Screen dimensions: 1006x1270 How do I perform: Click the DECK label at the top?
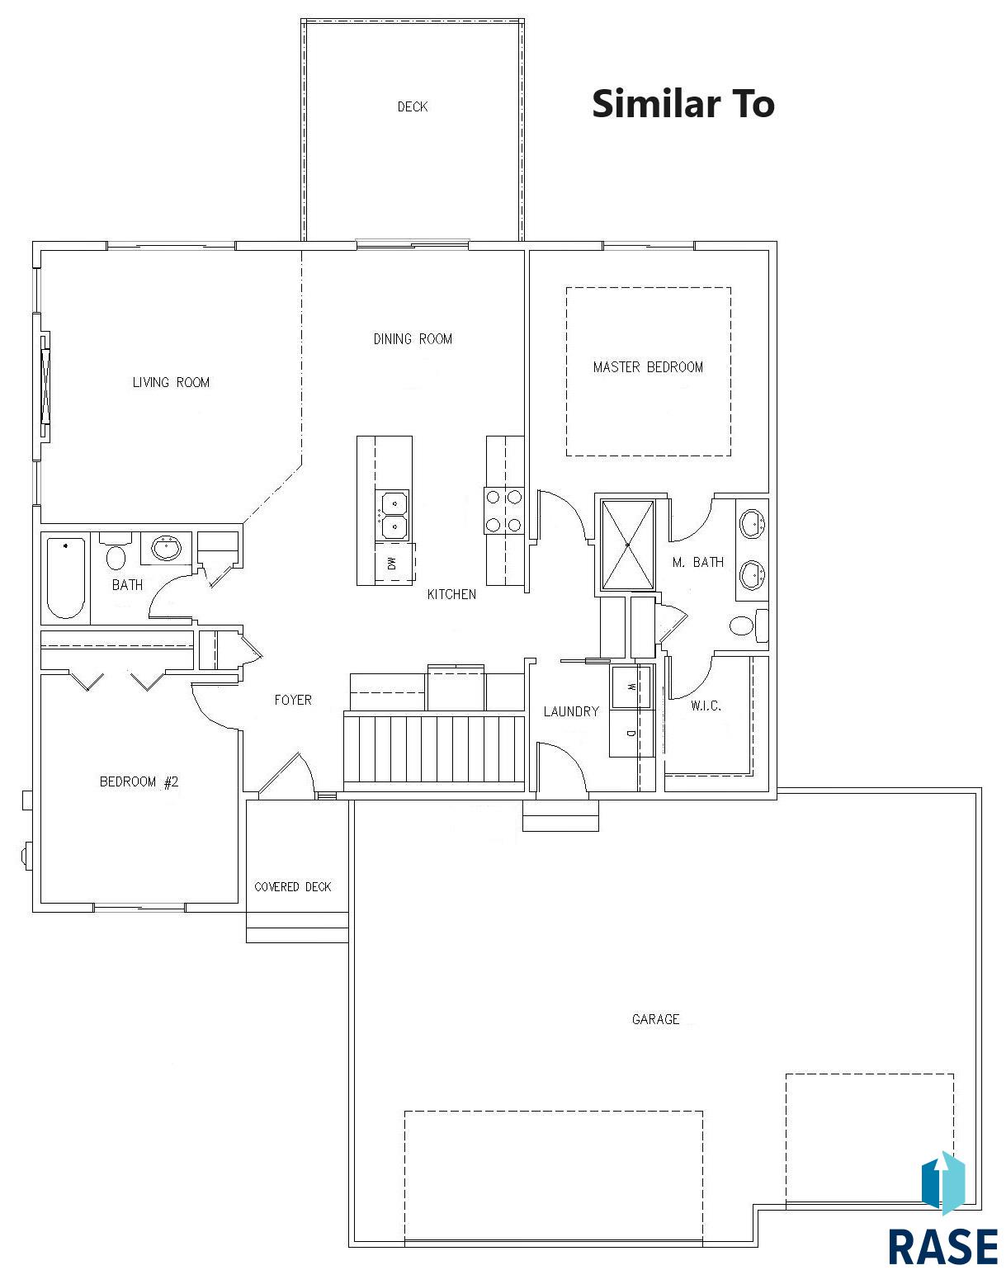[x=412, y=106]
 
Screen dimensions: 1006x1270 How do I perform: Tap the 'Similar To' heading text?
[x=683, y=104]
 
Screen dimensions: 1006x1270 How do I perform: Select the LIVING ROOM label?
[x=171, y=382]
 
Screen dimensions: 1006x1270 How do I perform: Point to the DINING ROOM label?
[x=413, y=338]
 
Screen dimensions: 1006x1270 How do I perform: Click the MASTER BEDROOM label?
[x=648, y=367]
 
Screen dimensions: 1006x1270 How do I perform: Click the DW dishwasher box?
[x=394, y=563]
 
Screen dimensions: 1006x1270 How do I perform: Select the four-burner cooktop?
[x=503, y=511]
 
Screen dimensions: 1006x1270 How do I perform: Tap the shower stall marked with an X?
[x=627, y=545]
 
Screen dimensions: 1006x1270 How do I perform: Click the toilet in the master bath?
[x=749, y=626]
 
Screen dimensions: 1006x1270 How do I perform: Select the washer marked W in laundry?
[x=631, y=687]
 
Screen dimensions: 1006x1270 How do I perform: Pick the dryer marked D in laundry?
[x=631, y=733]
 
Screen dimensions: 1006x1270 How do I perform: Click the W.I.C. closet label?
[x=706, y=706]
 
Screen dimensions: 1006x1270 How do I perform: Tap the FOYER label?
[x=293, y=700]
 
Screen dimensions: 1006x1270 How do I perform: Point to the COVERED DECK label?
[x=293, y=886]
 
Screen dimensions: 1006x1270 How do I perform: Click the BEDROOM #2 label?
[x=139, y=782]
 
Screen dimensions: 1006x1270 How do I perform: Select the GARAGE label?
[x=655, y=1019]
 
